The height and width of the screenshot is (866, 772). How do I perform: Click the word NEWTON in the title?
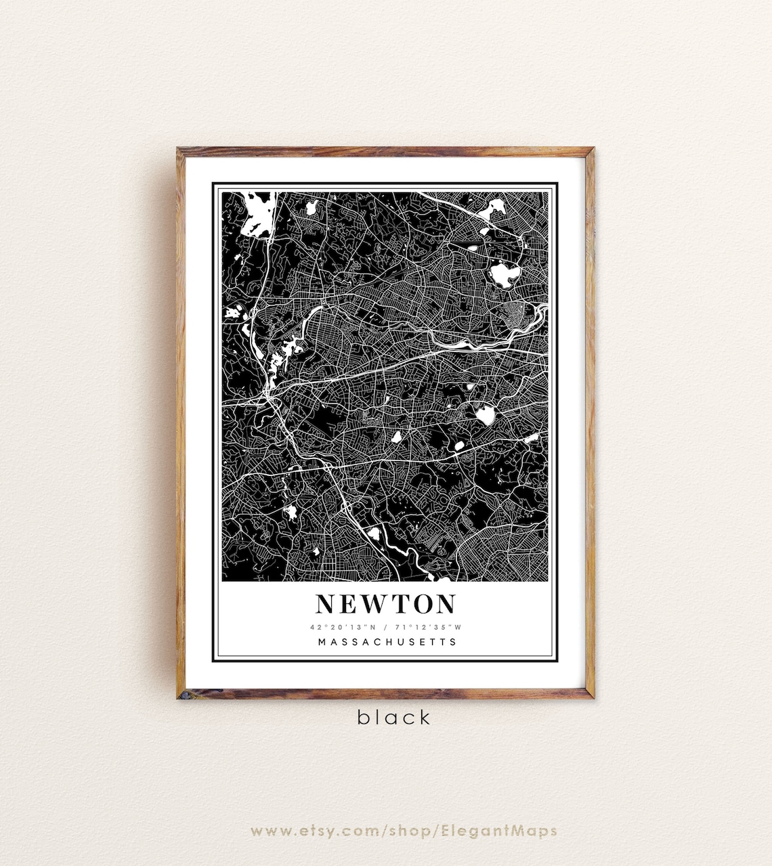point(386,603)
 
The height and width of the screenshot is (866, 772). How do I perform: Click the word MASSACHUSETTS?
point(387,642)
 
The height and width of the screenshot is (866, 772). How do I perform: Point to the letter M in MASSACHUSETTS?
point(322,642)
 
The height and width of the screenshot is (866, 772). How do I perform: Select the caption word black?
point(394,717)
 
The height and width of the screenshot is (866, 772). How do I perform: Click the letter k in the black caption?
point(425,717)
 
